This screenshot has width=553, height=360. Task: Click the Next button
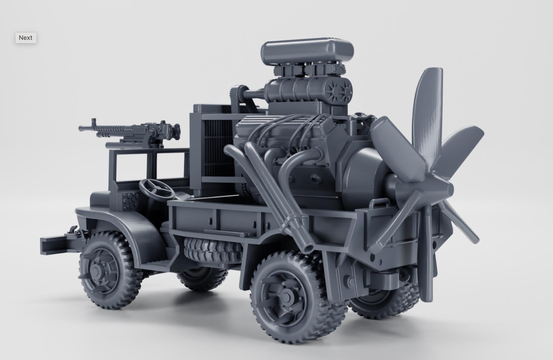pos(26,38)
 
